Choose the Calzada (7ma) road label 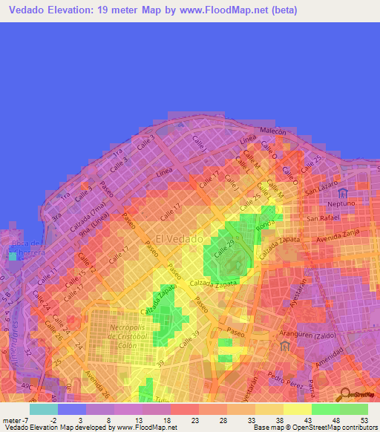click(84, 220)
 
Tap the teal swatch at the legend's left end click(43, 409)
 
